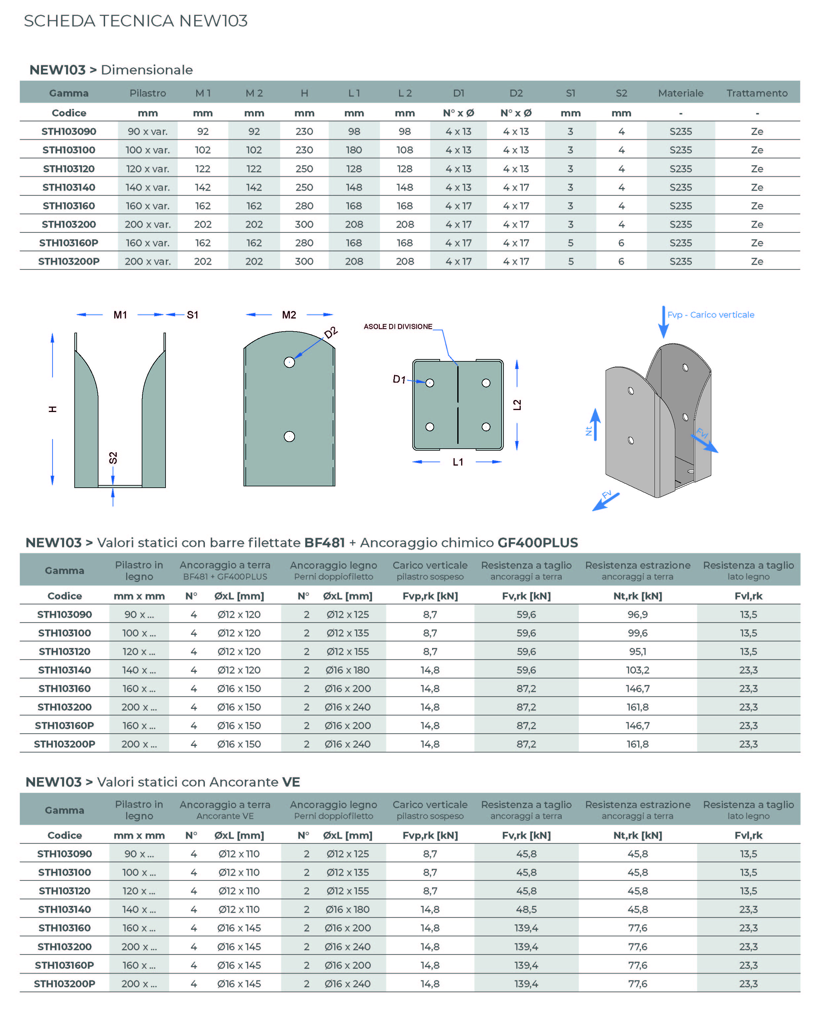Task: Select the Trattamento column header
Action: pyautogui.click(x=757, y=93)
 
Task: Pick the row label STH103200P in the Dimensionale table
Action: pyautogui.click(x=69, y=261)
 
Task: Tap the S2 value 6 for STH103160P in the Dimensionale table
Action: pyautogui.click(x=621, y=243)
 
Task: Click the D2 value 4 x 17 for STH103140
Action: pyautogui.click(x=516, y=187)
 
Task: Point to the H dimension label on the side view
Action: pyautogui.click(x=53, y=409)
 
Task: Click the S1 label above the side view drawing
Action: pyautogui.click(x=192, y=315)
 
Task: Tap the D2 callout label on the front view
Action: pyautogui.click(x=331, y=333)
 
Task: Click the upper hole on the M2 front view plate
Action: pyautogui.click(x=289, y=362)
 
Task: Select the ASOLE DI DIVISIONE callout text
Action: pyautogui.click(x=398, y=327)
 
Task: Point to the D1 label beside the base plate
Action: pyautogui.click(x=399, y=379)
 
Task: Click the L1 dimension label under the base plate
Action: pyautogui.click(x=458, y=462)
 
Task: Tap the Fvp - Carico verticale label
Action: pyautogui.click(x=710, y=315)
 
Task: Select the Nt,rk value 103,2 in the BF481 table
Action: pyautogui.click(x=637, y=670)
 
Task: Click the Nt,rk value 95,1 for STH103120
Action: pyautogui.click(x=637, y=652)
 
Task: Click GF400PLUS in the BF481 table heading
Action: pyautogui.click(x=538, y=543)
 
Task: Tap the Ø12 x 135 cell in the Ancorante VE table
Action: pyautogui.click(x=347, y=873)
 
